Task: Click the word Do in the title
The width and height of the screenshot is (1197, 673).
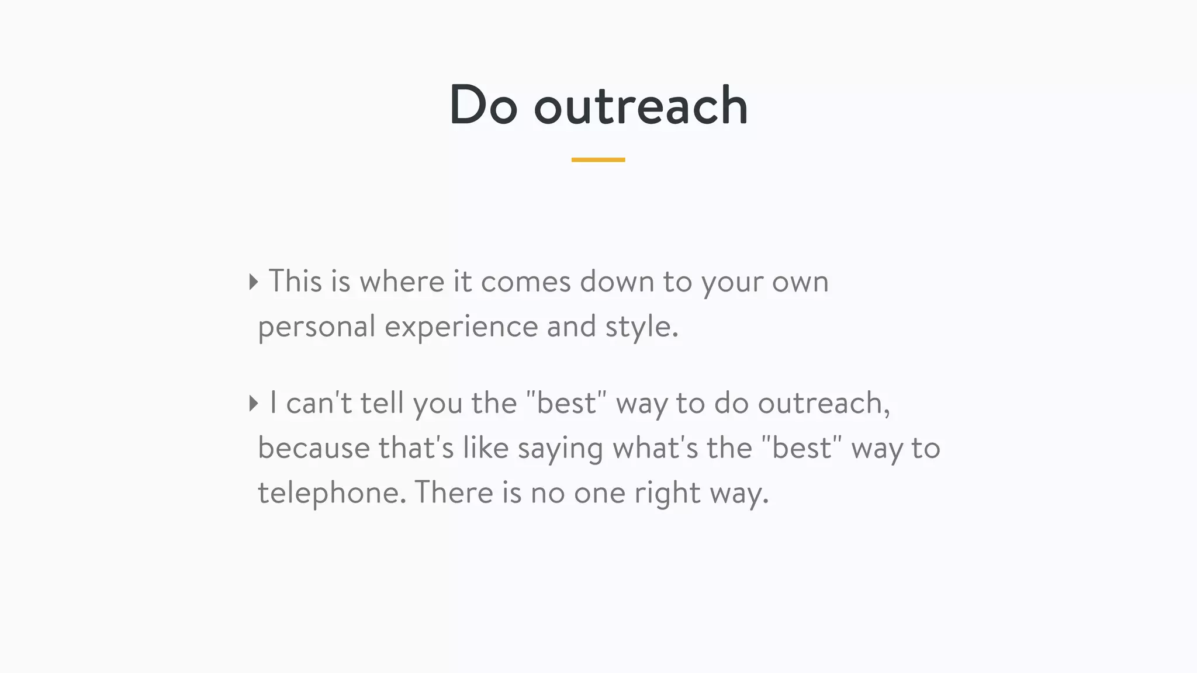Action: [483, 105]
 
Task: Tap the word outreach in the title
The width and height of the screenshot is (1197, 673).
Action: [641, 106]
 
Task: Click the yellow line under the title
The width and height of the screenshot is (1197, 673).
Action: [598, 159]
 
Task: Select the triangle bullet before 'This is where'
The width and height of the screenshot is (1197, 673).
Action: [253, 282]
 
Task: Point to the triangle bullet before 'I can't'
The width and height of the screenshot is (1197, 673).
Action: [253, 403]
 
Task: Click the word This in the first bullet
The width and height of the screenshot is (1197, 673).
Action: [295, 282]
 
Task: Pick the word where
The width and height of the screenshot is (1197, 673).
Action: [402, 282]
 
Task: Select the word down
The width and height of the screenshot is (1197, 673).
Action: [616, 282]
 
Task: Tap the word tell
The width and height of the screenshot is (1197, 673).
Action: [382, 403]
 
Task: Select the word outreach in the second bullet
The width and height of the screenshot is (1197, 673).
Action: [824, 403]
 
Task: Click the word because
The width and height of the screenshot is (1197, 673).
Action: [314, 448]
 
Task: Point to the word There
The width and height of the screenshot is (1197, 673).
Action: [454, 492]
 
